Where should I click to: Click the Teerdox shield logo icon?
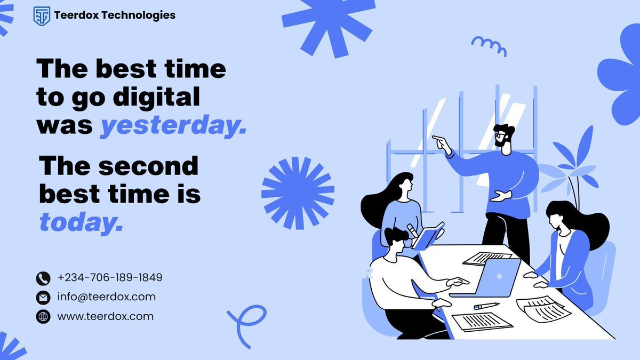(41, 16)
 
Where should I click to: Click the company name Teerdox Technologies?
(115, 15)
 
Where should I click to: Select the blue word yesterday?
(173, 126)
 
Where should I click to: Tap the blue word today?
(81, 222)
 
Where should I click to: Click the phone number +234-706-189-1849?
(110, 278)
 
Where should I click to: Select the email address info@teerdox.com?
(106, 297)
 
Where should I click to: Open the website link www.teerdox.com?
(105, 316)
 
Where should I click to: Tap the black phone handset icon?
(43, 278)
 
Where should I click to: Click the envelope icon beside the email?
(43, 298)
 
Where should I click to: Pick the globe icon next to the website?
(43, 317)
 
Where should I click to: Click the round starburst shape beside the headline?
(298, 193)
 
